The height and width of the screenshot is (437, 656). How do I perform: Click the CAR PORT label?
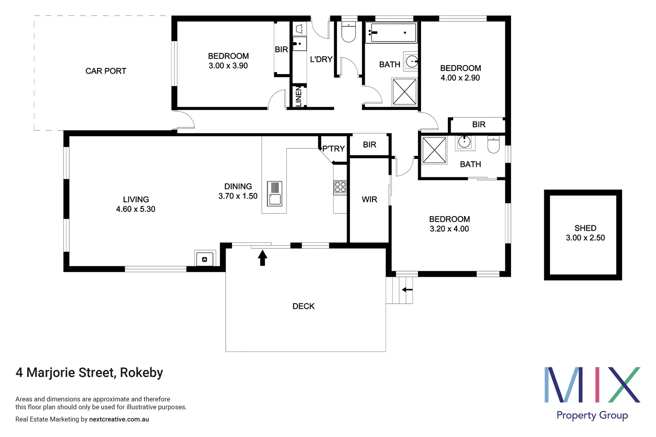pos(106,71)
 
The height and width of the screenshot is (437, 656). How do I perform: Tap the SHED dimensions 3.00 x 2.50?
pos(585,238)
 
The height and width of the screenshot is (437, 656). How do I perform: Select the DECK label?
pos(303,306)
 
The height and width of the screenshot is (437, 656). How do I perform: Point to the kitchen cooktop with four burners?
pos(340,188)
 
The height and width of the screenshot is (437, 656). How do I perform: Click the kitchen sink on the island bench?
pos(275,194)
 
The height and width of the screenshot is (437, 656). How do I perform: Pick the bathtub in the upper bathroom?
pos(391,33)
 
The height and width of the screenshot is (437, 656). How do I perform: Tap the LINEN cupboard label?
pos(299,96)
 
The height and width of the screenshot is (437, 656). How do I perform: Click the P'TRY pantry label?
pos(333,149)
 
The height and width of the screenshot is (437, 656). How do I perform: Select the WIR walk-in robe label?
pos(369,199)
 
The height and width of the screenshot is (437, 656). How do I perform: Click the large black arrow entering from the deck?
pos(262,258)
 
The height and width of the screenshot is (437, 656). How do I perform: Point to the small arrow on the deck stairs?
pos(407,290)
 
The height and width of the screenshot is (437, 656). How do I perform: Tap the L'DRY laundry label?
pos(321,59)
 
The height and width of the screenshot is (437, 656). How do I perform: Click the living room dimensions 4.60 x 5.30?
pos(136,209)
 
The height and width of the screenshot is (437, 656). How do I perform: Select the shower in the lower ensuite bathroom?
pos(434,151)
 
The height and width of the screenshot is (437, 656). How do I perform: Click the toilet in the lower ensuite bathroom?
pos(493,145)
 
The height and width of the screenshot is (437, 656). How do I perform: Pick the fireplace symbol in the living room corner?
pos(204,259)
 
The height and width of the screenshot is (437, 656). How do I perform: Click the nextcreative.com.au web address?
pos(119,420)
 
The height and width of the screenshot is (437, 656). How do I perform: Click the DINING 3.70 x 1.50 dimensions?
pos(238,196)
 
